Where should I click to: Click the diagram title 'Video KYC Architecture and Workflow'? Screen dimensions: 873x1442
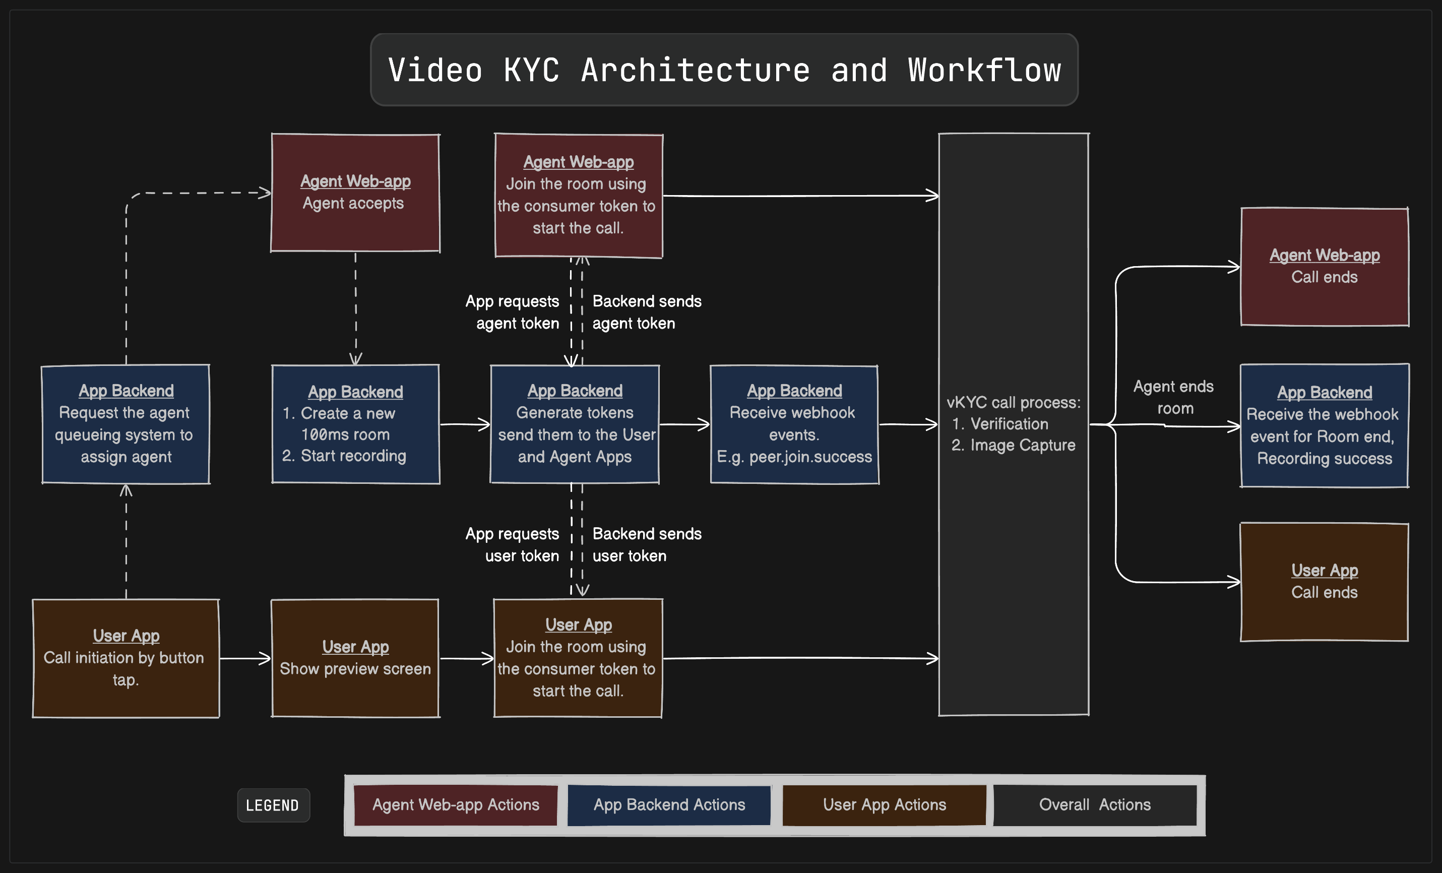pos(724,70)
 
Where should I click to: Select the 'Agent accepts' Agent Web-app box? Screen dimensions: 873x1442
pos(355,193)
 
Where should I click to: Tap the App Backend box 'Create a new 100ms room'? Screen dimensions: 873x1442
pos(355,424)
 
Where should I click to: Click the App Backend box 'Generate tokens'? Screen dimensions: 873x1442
pos(575,424)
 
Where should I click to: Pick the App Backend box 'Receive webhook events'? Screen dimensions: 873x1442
pos(794,424)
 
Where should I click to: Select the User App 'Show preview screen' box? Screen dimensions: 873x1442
pos(355,658)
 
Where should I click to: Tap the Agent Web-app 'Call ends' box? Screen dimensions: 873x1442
pos(1325,266)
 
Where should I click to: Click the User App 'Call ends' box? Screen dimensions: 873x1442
pos(1325,582)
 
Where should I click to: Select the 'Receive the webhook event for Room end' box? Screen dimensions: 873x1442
pos(1325,425)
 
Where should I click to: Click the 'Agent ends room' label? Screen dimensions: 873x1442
pos(1173,397)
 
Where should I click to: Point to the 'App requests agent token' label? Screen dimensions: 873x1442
pos(513,312)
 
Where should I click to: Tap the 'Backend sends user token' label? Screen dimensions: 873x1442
pos(646,545)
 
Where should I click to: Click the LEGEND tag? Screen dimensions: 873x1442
pos(273,805)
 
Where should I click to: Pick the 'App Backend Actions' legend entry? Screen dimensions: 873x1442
pos(669,805)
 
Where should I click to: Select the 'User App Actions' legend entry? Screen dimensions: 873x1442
pos(884,805)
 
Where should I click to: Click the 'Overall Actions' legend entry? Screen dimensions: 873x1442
pos(1094,805)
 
